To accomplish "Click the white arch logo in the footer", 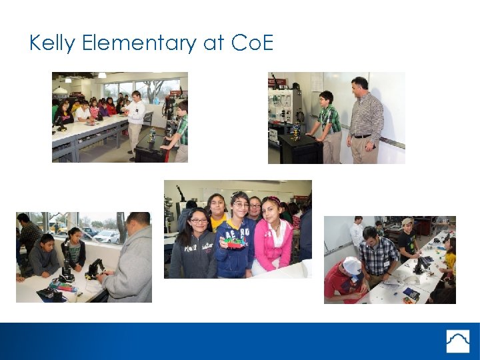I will pyautogui.click(x=457, y=341).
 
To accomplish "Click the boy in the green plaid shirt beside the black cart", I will pyautogui.click(x=329, y=123).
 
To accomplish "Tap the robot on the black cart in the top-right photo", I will pyautogui.click(x=295, y=131).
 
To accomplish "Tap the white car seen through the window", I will pyautogui.click(x=107, y=236).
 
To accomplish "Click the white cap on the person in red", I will pyautogui.click(x=351, y=265).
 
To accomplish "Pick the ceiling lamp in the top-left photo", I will pyautogui.click(x=61, y=89).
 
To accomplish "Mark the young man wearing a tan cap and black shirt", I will pyautogui.click(x=407, y=240).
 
